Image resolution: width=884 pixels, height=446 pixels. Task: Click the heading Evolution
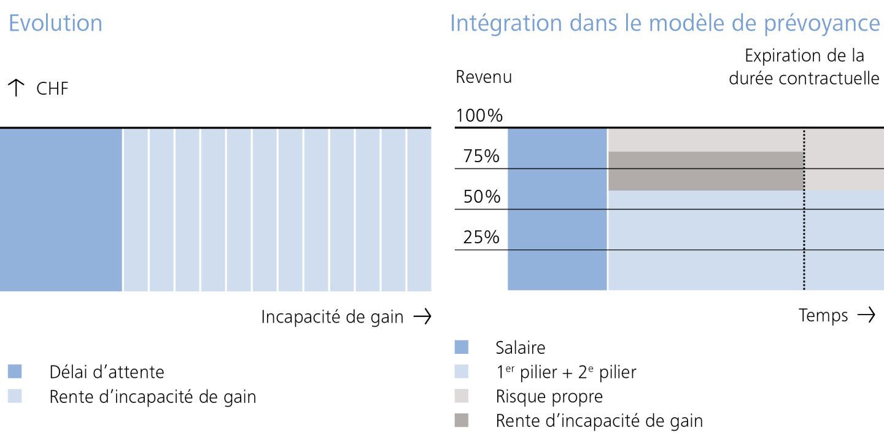[x=55, y=23]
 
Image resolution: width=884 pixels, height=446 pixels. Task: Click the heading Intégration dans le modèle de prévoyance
[x=665, y=23]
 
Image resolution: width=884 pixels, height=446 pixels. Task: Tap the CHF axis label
[x=52, y=89]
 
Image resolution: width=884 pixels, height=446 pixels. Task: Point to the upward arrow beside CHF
[x=17, y=89]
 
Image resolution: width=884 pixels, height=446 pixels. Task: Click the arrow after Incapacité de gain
[x=422, y=316]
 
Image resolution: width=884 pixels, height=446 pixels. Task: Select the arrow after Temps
[x=866, y=315]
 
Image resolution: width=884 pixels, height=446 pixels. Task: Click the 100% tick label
[x=479, y=115]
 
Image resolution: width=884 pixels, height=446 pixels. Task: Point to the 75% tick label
[x=481, y=157]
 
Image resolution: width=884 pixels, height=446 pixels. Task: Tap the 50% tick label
[x=481, y=197]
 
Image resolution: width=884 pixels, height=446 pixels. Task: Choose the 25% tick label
[x=481, y=237]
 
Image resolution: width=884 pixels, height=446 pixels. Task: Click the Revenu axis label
[x=483, y=77]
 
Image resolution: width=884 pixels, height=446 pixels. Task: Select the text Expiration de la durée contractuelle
[x=804, y=68]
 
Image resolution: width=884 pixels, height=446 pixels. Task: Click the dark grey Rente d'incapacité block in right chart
[x=706, y=171]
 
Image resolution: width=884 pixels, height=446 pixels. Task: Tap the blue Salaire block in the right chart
[x=557, y=209]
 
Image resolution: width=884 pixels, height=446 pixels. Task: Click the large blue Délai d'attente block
[x=61, y=209]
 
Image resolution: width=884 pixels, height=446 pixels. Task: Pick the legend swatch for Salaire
[x=461, y=348]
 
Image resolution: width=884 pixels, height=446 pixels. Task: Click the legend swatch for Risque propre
[x=461, y=396]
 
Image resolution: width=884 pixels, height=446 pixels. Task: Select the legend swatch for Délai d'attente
[x=15, y=372]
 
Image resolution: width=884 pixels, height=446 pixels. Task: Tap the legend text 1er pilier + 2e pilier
[x=565, y=372]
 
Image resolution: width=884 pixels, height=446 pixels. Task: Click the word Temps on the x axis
[x=823, y=315]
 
